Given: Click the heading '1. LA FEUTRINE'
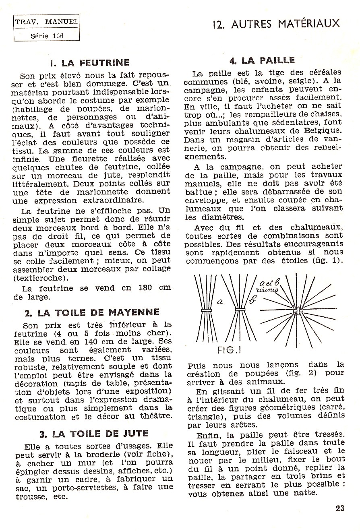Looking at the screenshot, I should [89, 63].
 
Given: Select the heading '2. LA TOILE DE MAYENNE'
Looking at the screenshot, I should [92, 312].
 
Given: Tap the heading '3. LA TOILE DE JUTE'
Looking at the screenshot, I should [94, 434].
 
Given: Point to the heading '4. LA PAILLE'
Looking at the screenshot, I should [262, 61].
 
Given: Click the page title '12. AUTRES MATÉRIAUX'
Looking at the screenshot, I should [276, 24].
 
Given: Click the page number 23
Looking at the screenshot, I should [339, 508].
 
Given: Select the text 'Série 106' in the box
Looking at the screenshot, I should [47, 35].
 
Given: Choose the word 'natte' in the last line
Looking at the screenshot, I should [306, 494].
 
